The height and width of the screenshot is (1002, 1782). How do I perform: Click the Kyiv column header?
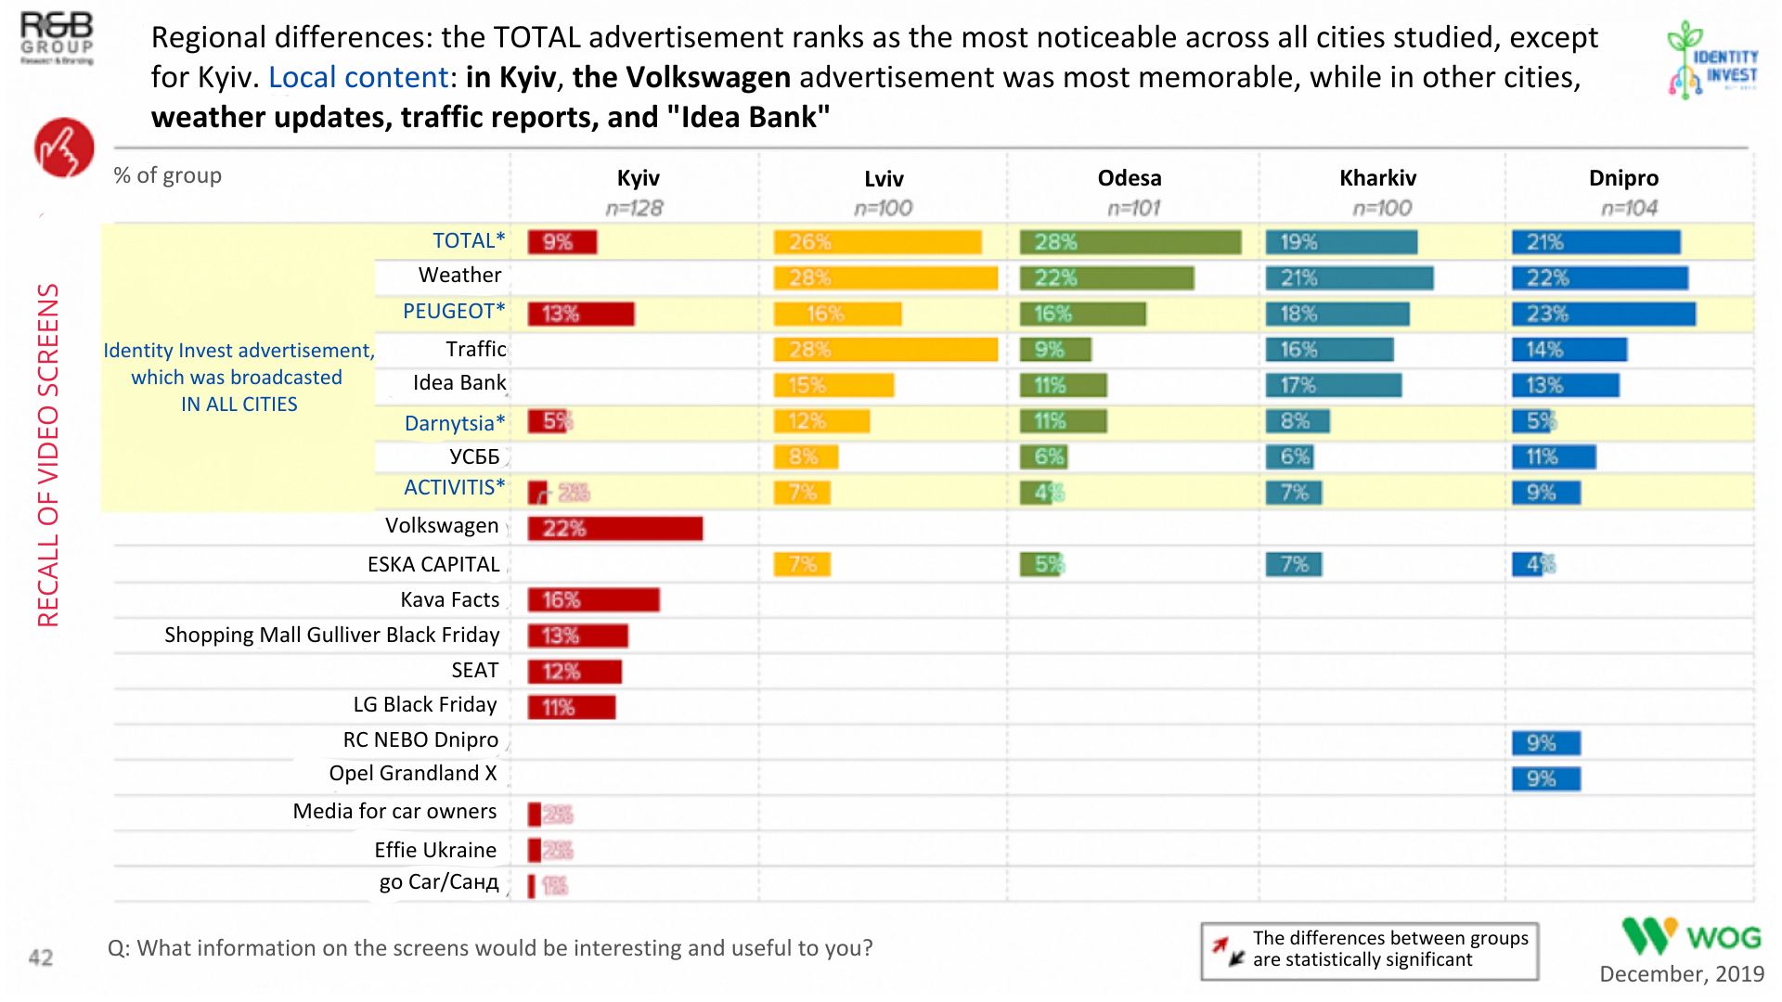point(638,178)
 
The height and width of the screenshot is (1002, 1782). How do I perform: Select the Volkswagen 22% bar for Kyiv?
point(614,529)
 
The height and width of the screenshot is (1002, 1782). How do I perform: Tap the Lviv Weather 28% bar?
point(885,277)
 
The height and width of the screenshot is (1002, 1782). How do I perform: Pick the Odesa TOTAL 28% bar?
point(1130,242)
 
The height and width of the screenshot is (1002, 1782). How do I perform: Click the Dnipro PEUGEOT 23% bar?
point(1603,314)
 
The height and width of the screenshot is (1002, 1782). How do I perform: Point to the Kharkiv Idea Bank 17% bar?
point(1333,385)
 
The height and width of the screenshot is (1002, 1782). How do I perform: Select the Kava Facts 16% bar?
point(593,600)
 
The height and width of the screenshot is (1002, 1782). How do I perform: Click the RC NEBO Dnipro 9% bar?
point(1545,743)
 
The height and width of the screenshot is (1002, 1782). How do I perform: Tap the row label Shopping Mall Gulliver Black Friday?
point(331,636)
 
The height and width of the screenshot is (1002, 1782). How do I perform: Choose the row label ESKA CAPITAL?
point(433,564)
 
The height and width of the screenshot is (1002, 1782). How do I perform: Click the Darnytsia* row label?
point(454,423)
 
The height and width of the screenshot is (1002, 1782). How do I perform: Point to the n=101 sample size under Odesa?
point(1133,209)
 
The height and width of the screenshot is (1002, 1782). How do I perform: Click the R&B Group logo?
point(57,37)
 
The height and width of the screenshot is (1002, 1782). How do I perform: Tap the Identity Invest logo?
point(1712,60)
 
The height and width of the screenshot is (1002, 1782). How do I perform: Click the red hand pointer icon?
point(64,148)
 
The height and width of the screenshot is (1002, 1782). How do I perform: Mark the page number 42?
point(41,957)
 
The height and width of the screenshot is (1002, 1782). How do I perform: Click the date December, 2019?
point(1681,974)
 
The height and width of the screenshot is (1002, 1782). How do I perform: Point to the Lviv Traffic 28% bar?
point(885,350)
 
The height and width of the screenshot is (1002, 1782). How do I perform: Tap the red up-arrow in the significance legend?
point(1220,944)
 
